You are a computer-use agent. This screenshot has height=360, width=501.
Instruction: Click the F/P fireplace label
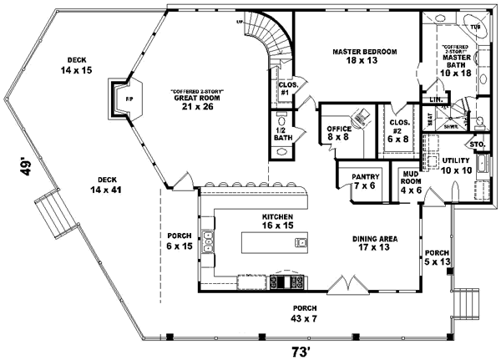click(129, 99)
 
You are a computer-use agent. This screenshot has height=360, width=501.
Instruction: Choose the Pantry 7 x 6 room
click(366, 180)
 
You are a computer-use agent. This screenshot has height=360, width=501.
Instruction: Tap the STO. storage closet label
click(478, 145)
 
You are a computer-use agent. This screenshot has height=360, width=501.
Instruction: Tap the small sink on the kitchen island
click(299, 242)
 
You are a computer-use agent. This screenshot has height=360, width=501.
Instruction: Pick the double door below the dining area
click(346, 286)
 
